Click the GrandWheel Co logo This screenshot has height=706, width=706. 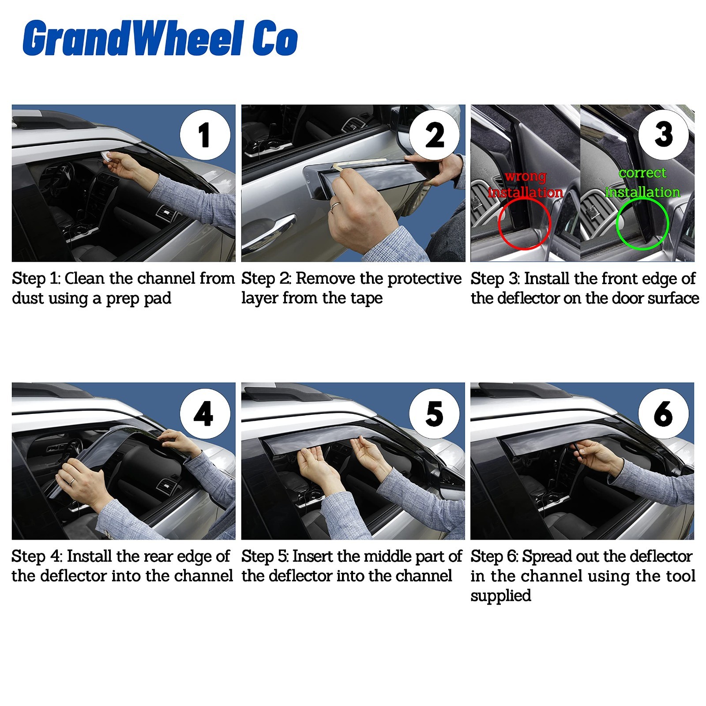(x=160, y=38)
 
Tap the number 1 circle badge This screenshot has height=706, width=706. (x=205, y=135)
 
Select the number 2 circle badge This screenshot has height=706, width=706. (x=434, y=135)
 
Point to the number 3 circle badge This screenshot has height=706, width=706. (x=664, y=135)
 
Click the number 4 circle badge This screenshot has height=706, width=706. (x=205, y=413)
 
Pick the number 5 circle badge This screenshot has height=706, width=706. (x=434, y=413)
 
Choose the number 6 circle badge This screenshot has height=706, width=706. (x=664, y=413)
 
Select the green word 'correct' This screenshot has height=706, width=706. (x=642, y=173)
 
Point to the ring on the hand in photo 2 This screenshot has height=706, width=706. (x=335, y=205)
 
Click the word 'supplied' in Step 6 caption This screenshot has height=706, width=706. (x=500, y=596)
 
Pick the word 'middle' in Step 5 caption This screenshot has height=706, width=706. (x=383, y=556)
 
